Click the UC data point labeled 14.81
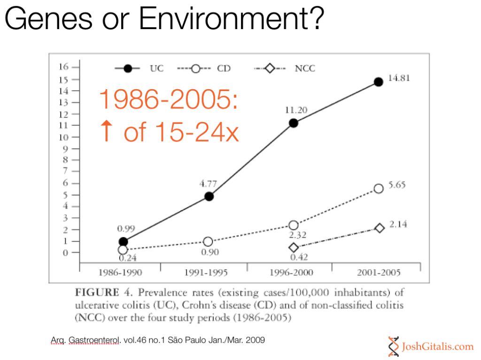coord(378,82)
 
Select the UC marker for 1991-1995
coord(209,196)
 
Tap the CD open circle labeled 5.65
coord(379,189)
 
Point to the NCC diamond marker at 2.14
coord(380,228)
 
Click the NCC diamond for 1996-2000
coord(294,247)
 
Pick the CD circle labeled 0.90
coord(208,241)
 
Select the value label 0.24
coord(127,258)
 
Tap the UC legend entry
coord(139,69)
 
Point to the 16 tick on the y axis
coord(63,67)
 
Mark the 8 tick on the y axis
coord(65,160)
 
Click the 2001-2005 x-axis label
coord(378,272)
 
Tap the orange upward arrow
coord(107,131)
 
